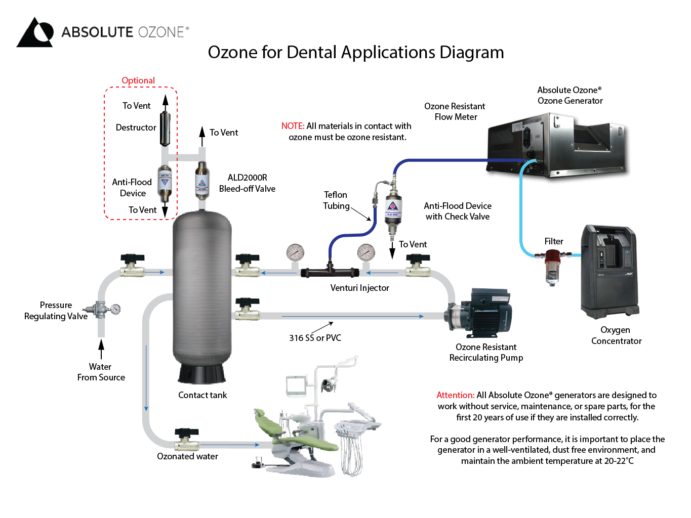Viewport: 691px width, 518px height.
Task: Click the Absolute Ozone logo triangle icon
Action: (35, 33)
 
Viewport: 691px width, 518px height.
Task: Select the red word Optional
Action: (138, 80)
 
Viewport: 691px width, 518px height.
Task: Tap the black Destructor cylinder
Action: (166, 128)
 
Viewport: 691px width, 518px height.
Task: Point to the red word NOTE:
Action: (293, 126)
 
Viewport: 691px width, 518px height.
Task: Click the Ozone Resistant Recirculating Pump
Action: (480, 310)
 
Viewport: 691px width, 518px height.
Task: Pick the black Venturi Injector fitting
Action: (330, 272)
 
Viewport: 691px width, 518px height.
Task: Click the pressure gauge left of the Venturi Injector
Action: (295, 252)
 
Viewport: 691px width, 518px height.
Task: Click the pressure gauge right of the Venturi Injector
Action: (366, 252)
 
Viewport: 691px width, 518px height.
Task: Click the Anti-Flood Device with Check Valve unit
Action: (393, 209)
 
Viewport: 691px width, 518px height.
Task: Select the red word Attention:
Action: (455, 395)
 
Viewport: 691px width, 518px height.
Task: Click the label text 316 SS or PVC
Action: (315, 338)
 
